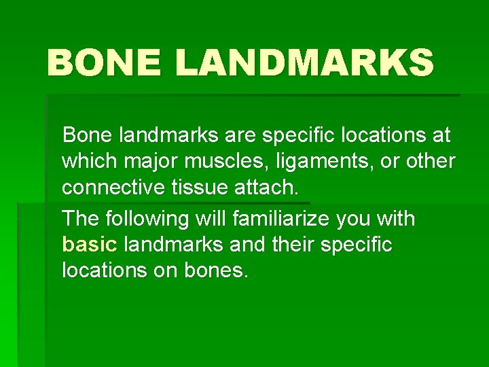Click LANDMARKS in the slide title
pos(304,64)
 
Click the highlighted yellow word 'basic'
pos(88,244)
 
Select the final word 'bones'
pos(216,271)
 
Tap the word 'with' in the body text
pos(395,219)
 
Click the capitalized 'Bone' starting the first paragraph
pos(88,135)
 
